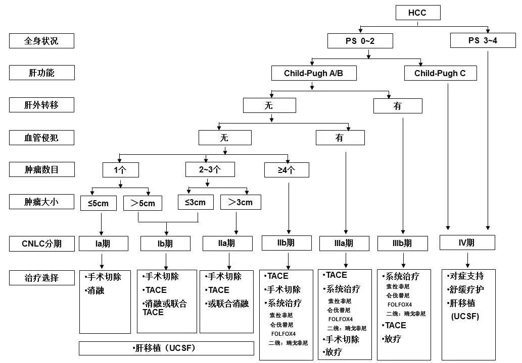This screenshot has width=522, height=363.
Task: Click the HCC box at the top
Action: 417,13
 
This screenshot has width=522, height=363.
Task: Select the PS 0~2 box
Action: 360,41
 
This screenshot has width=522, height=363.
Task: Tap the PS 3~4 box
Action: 483,41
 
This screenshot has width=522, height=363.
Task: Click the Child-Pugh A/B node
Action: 313,73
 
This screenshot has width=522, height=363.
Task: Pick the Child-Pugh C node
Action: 440,73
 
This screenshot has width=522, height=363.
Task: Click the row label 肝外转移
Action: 41,105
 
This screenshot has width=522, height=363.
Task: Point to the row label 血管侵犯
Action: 41,137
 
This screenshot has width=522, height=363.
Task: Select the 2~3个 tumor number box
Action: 210,169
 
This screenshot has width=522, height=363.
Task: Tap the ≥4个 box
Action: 287,170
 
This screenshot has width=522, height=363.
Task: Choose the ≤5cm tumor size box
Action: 98,203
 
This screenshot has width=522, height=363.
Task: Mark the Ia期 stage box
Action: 103,244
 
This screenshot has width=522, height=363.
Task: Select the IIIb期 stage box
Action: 402,243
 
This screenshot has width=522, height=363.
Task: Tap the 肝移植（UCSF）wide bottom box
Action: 166,348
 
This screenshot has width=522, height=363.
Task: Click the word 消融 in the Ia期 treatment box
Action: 96,290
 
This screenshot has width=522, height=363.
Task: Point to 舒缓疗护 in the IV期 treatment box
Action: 466,289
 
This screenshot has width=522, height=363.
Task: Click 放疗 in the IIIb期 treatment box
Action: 393,339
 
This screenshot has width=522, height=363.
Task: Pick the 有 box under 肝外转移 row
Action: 397,106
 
